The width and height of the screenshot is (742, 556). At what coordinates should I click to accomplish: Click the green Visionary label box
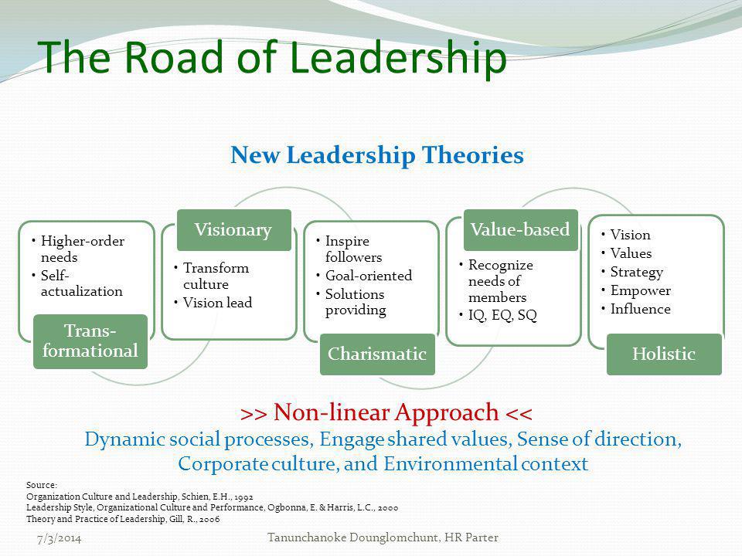click(x=233, y=230)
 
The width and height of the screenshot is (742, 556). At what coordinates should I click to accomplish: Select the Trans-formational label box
click(x=90, y=341)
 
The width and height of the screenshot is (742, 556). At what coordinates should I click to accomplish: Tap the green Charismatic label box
click(x=377, y=354)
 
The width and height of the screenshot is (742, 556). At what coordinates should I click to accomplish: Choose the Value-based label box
click(x=520, y=230)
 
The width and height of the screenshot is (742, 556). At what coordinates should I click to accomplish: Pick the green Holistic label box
click(x=664, y=354)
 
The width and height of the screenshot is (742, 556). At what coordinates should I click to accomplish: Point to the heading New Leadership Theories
click(x=377, y=155)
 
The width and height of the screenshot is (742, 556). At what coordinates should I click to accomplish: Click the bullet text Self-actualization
click(x=81, y=283)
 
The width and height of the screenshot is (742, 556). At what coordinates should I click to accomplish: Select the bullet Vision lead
click(x=217, y=303)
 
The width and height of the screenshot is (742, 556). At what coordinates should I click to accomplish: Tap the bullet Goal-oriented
click(x=369, y=276)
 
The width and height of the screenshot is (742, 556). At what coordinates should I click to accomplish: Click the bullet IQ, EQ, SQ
click(x=502, y=315)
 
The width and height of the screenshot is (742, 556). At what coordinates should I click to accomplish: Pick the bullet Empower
click(x=640, y=290)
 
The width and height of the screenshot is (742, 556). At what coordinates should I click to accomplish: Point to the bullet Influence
click(x=640, y=309)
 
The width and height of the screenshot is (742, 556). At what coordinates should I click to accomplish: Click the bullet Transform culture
click(x=216, y=276)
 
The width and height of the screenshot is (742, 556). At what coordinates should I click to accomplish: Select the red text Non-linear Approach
click(x=386, y=412)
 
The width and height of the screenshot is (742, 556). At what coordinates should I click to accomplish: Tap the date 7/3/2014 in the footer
click(x=60, y=538)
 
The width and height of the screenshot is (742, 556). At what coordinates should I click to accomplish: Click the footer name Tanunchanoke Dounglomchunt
click(x=352, y=537)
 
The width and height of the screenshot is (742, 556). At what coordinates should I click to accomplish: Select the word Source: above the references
click(x=42, y=485)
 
